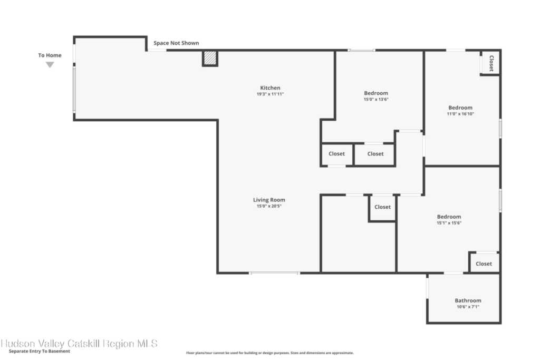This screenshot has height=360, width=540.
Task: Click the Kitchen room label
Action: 270,88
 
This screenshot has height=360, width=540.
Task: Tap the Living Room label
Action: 269,200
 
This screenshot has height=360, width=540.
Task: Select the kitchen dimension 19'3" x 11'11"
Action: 270,94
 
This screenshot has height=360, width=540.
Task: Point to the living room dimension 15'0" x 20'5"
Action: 269,206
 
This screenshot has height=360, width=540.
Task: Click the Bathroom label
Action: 468,300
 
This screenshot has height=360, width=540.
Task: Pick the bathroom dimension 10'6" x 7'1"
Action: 468,307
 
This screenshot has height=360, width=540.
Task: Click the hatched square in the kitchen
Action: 210,58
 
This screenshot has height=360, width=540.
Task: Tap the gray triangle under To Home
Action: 50,65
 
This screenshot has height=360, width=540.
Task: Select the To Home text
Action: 50,55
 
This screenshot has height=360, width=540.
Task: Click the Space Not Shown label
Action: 176,43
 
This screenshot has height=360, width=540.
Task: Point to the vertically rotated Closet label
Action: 491,63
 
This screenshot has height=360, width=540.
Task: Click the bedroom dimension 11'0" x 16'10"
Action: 460,114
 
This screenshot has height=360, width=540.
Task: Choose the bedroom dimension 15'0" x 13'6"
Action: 375,100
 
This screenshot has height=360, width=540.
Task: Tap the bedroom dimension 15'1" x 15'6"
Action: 449,223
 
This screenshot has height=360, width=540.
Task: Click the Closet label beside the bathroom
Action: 484,264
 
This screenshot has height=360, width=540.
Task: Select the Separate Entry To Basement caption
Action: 39,352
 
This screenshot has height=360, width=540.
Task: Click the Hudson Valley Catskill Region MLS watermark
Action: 79,343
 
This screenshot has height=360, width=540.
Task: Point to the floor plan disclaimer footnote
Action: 269,353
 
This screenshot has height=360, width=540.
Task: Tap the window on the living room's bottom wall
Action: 274,273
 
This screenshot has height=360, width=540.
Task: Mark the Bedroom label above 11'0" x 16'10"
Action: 460,108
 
